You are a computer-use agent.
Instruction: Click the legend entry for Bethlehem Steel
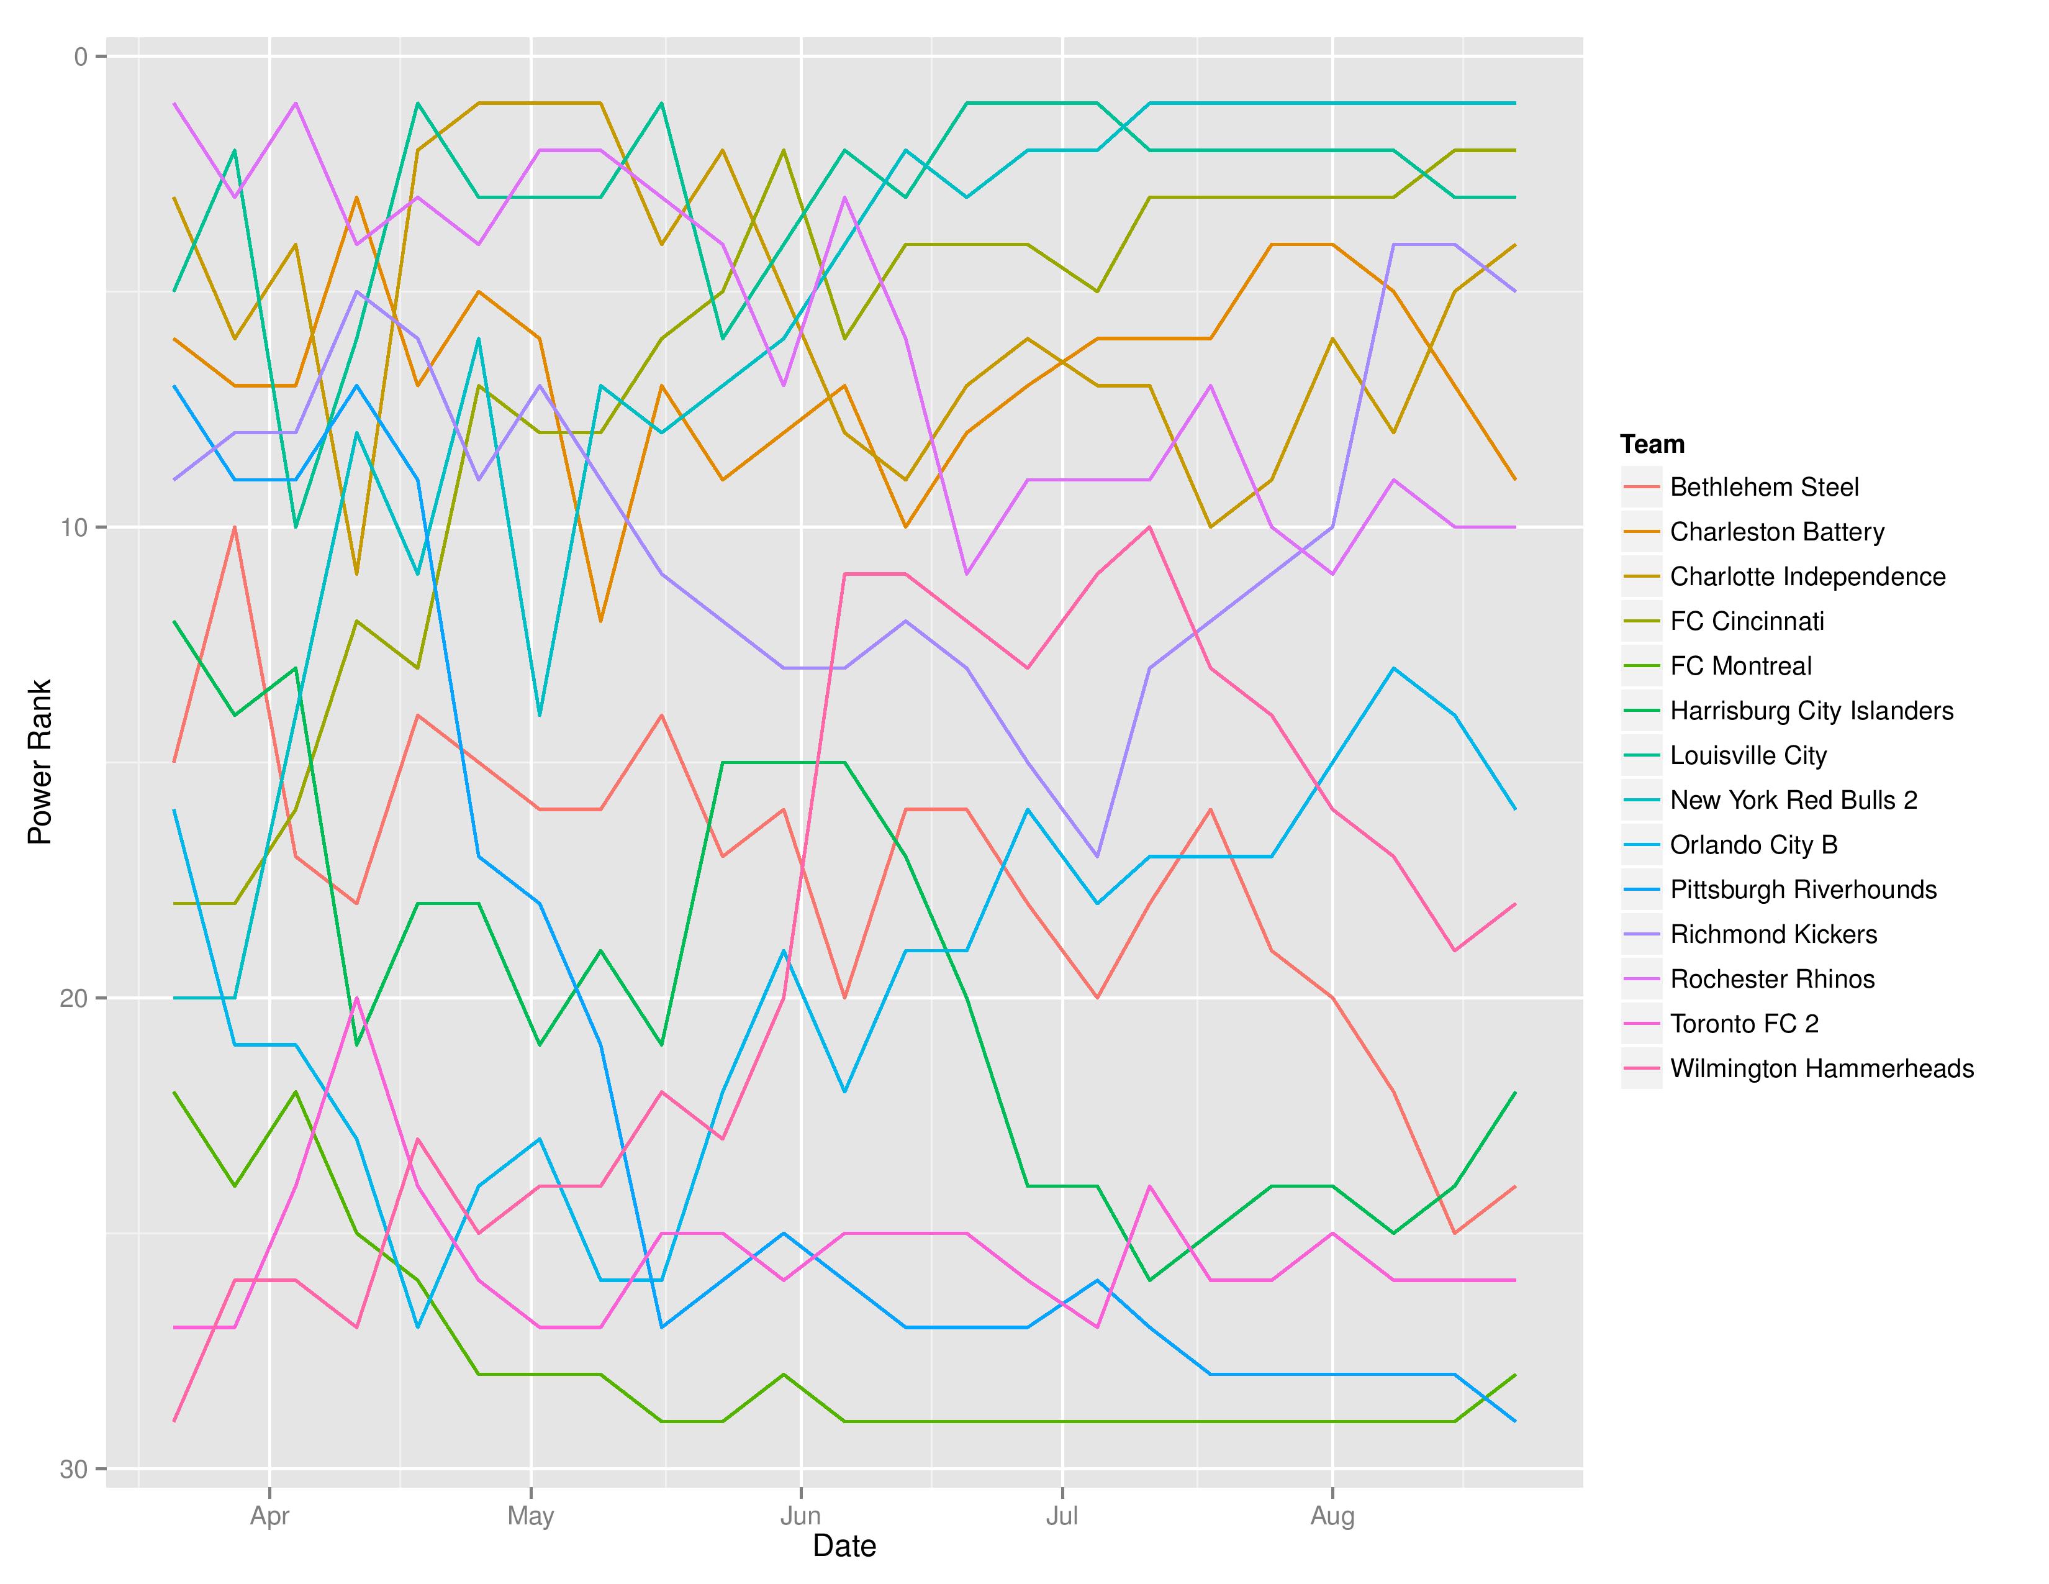(x=1764, y=487)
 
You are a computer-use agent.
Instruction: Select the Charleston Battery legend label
(x=1777, y=532)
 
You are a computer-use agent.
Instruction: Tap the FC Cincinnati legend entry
(x=1747, y=621)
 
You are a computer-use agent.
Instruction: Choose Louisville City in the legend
(x=1748, y=755)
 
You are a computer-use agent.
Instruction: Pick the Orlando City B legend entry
(x=1753, y=845)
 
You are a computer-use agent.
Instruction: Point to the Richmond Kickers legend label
(x=1773, y=935)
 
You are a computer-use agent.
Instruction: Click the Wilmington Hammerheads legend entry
(x=1822, y=1069)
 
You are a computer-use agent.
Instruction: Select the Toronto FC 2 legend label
(x=1744, y=1024)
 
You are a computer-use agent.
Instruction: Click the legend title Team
(x=1652, y=444)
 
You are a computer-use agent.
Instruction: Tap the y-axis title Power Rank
(x=39, y=762)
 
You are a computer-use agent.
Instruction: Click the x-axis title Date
(x=844, y=1545)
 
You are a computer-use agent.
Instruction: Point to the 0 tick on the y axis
(x=81, y=57)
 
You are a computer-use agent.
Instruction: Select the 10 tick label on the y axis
(x=73, y=527)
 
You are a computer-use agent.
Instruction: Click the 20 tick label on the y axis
(x=73, y=998)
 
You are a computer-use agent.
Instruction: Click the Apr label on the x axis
(x=269, y=1516)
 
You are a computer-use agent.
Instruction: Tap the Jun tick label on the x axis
(x=800, y=1516)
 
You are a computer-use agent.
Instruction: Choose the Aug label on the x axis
(x=1332, y=1516)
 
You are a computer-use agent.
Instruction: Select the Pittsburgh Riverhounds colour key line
(x=1642, y=890)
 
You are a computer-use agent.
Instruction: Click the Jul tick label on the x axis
(x=1062, y=1516)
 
